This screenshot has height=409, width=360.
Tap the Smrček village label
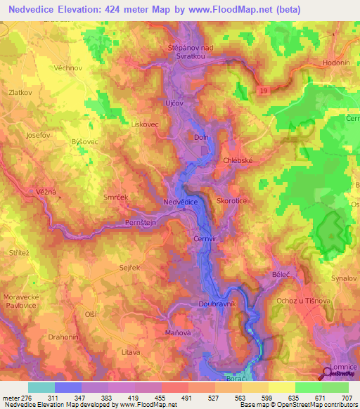click(115, 199)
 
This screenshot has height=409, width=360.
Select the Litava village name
click(131, 352)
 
